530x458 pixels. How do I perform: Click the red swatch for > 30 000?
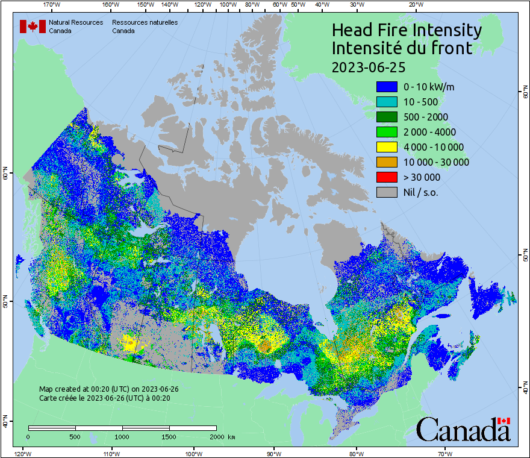click(x=386, y=177)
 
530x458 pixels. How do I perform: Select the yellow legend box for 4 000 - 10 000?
click(x=386, y=147)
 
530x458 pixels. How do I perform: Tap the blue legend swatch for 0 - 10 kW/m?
click(x=386, y=87)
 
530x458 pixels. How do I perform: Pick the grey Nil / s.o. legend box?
click(x=386, y=192)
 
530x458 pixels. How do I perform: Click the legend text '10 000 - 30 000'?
click(x=436, y=162)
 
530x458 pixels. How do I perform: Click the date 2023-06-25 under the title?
click(x=369, y=66)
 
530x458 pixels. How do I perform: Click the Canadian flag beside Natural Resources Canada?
click(x=33, y=27)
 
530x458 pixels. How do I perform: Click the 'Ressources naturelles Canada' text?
click(x=145, y=27)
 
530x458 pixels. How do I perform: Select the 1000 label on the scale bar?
click(x=122, y=436)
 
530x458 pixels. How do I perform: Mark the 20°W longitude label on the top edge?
click(x=414, y=5)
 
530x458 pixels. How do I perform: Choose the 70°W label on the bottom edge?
click(x=444, y=453)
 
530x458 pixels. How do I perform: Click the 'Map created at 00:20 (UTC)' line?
click(x=108, y=389)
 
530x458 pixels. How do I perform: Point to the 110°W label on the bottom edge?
click(x=110, y=453)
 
